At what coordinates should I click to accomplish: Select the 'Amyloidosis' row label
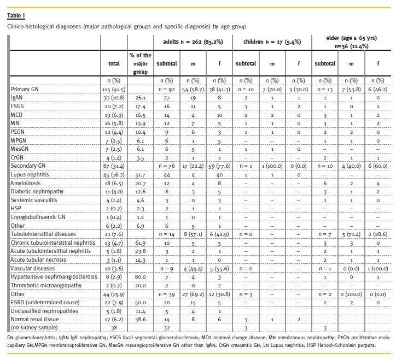click(26, 184)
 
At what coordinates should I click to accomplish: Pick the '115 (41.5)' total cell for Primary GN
click(114, 88)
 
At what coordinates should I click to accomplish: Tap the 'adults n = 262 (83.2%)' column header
click(193, 42)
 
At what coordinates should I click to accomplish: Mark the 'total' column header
click(114, 63)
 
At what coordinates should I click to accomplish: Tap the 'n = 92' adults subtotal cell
click(167, 88)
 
